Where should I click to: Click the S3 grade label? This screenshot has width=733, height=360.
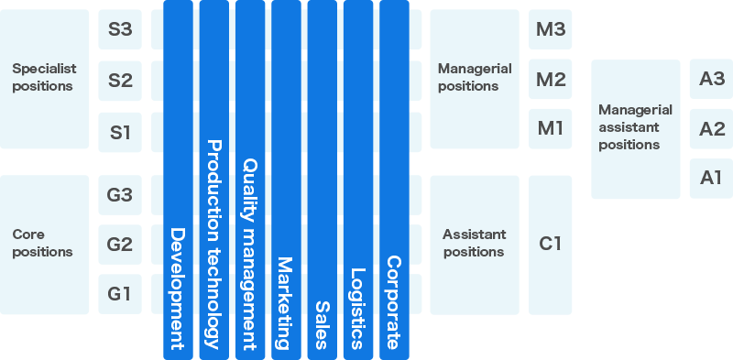tap(120, 29)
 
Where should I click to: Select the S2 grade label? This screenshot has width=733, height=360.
tap(120, 81)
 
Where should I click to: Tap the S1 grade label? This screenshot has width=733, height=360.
tap(120, 132)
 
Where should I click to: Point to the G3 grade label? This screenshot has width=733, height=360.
tap(120, 195)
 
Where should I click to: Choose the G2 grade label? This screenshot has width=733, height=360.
tap(120, 245)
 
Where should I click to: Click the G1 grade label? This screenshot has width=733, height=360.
tap(120, 294)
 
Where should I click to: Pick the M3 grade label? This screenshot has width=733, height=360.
tap(551, 29)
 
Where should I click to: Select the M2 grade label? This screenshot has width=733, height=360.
tap(551, 80)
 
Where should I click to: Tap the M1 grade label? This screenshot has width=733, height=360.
tap(551, 128)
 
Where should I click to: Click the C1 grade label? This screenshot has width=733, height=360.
tap(551, 244)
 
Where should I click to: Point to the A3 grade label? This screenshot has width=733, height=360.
tap(712, 80)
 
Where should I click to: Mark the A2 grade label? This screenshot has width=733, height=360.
tap(712, 129)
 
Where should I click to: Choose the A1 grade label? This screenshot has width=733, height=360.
tap(712, 178)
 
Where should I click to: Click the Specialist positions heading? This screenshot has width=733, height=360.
tap(44, 77)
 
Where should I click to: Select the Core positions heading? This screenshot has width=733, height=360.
tap(42, 243)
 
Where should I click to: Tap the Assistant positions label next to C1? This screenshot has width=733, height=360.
tap(474, 243)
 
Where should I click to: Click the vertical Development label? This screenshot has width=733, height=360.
tap(178, 289)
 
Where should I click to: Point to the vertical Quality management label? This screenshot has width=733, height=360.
tap(249, 253)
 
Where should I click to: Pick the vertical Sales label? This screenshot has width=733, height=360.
tap(322, 324)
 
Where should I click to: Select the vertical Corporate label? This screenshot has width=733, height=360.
tap(393, 302)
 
